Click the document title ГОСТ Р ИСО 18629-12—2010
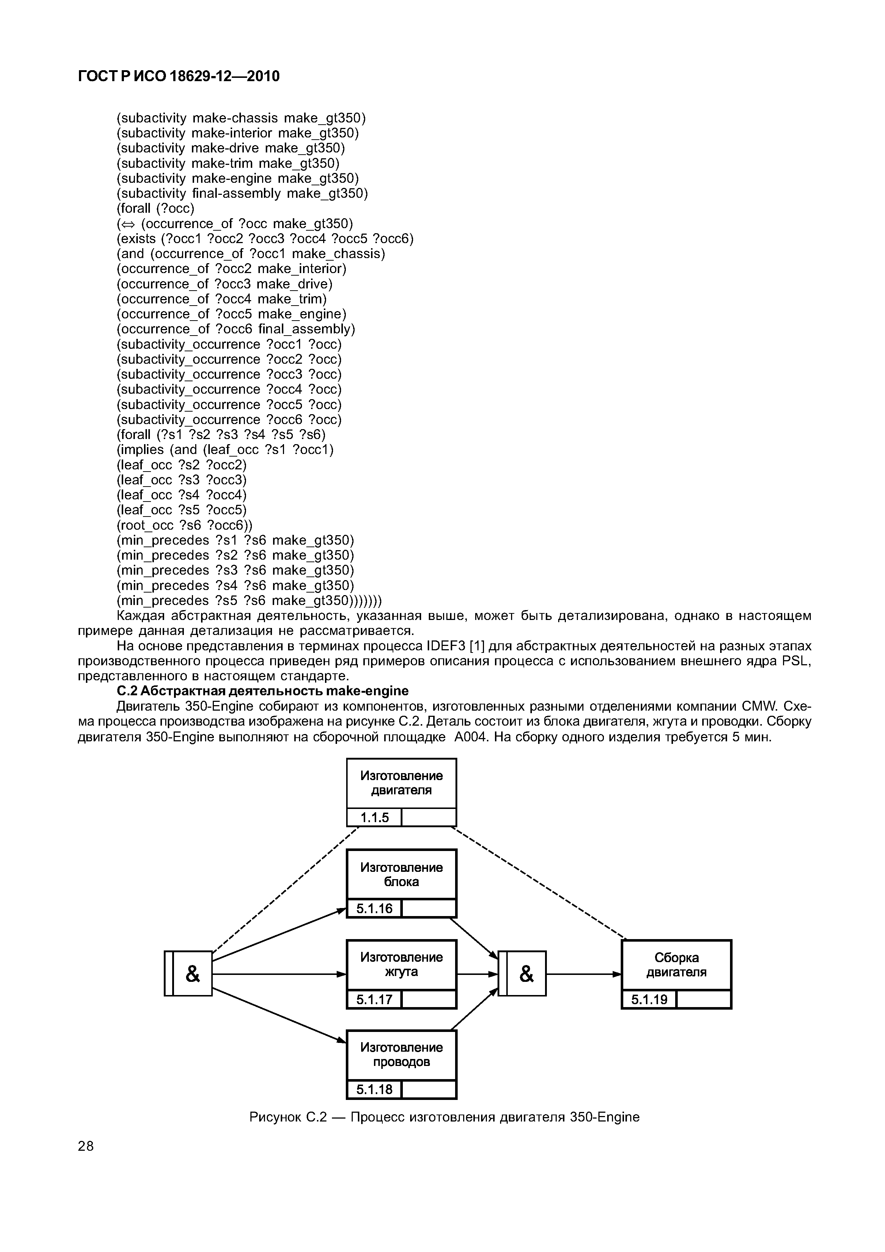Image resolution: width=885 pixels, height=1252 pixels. [179, 76]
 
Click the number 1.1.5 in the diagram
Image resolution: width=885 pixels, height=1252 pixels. [375, 817]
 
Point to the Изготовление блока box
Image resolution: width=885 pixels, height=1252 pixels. [401, 875]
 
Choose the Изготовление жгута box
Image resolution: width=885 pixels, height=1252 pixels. [401, 965]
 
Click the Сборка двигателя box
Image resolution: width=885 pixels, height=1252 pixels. [676, 965]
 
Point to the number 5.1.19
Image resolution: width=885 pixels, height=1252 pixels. [649, 999]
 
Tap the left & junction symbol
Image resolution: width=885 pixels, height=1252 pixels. [189, 973]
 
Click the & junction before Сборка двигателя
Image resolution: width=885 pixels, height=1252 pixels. [522, 973]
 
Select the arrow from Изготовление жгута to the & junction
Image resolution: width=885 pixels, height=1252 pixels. [477, 973]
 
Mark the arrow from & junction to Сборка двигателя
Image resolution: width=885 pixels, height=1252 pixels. [583, 973]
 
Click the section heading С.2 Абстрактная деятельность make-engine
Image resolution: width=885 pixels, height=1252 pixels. [263, 691]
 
